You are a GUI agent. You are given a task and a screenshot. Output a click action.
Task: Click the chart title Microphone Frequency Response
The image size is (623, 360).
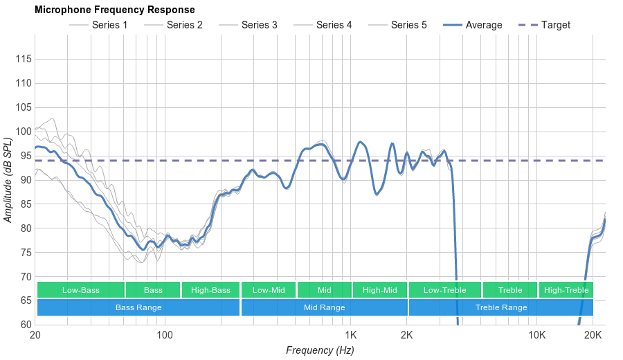[x=114, y=10]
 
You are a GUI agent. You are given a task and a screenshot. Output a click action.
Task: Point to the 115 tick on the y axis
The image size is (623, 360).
[x=24, y=60]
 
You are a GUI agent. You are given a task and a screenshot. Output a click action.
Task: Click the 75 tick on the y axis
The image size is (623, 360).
[x=24, y=253]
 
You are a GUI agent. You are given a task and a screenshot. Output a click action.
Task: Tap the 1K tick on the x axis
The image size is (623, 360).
[x=350, y=335]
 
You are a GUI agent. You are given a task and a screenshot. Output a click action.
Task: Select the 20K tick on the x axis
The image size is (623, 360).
[x=593, y=335]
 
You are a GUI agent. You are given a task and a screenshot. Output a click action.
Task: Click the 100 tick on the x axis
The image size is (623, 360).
[x=164, y=335]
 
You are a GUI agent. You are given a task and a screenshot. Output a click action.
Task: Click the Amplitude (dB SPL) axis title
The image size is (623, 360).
[x=8, y=180]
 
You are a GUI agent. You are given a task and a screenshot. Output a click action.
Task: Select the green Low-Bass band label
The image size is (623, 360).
[x=81, y=290]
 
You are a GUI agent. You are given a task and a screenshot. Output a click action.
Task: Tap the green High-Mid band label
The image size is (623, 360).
[x=379, y=290]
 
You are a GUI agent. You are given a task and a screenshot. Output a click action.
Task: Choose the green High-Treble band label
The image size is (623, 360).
[x=566, y=290]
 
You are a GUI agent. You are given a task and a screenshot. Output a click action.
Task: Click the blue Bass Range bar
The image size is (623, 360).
[x=138, y=307]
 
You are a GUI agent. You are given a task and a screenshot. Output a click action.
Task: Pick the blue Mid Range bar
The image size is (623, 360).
[x=324, y=307]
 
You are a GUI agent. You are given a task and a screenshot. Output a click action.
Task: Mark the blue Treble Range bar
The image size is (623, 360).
[x=501, y=307]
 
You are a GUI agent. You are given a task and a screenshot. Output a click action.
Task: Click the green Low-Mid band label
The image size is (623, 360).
[x=268, y=290]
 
